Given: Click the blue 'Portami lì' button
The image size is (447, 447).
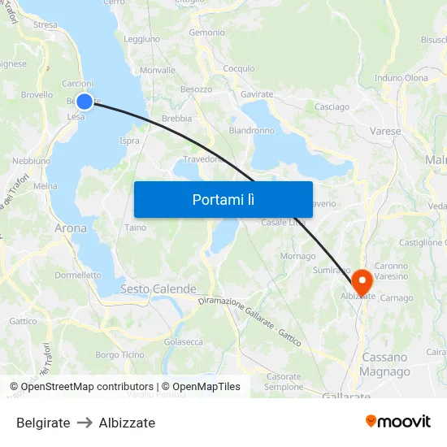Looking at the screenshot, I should (223, 199).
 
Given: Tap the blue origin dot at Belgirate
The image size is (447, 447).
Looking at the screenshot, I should (85, 102).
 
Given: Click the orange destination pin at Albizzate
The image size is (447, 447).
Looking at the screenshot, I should (360, 281).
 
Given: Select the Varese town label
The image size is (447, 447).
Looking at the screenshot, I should (384, 130).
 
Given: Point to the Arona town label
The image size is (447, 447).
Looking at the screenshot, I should (71, 228).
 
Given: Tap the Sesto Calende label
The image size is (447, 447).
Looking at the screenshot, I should (158, 289).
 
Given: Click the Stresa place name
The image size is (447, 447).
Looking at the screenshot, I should (46, 25).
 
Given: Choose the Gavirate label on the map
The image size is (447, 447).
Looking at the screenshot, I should (256, 94).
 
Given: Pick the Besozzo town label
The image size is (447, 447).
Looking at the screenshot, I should (196, 89).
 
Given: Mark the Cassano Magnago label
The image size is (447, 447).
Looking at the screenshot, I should (385, 364).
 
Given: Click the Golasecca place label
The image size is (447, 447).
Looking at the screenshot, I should (183, 342).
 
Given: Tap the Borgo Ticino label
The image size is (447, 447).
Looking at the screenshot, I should (119, 355).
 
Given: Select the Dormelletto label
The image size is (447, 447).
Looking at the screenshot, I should (78, 275).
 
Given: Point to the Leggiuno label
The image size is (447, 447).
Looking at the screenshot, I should (141, 39).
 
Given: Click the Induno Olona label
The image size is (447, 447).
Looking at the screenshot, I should (401, 78).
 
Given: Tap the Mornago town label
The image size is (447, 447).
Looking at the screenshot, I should (297, 256).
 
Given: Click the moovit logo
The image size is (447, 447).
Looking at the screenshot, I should (397, 421).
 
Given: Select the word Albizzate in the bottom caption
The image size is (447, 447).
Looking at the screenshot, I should (127, 423).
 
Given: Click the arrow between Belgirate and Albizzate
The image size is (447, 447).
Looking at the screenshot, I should (85, 423).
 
